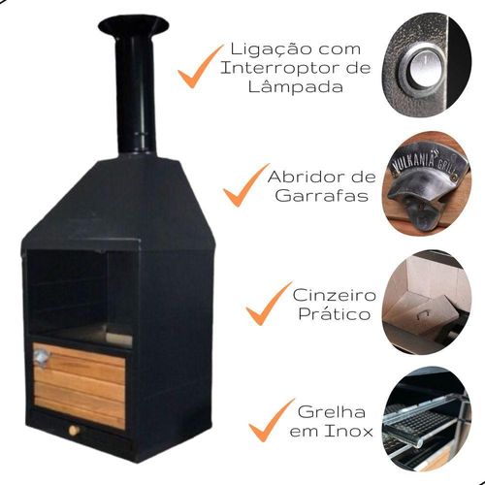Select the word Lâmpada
296,86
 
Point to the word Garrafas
322,196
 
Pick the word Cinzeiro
335,295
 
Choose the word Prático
335,313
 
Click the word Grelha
332,412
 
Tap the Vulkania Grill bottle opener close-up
426,183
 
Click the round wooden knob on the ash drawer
75,431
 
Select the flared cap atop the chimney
134,26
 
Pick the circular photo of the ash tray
426,302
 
